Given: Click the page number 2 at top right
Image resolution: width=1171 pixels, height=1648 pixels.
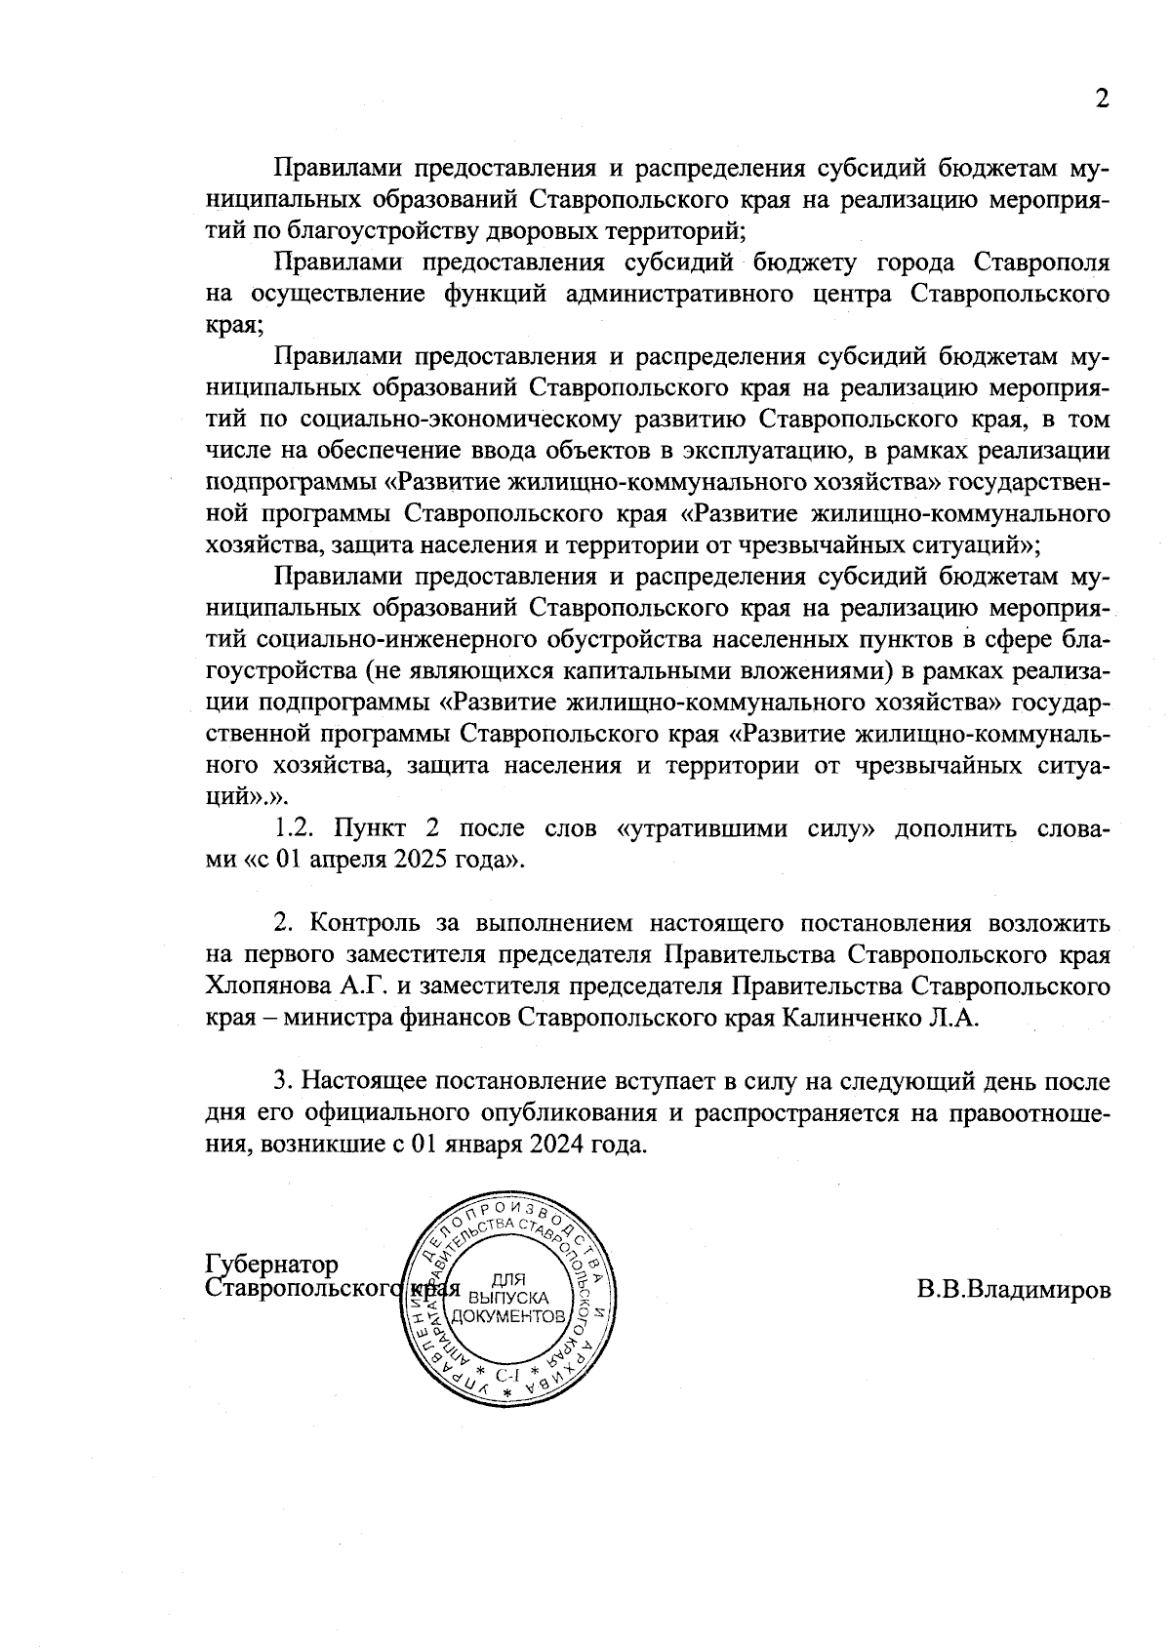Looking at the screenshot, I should (1102, 100).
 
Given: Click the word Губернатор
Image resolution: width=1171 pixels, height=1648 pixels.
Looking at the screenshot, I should (272, 1266).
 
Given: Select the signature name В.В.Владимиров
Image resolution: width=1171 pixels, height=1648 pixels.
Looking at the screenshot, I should (1013, 1290).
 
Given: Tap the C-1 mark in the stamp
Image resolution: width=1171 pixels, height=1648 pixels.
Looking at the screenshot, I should (506, 1377).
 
